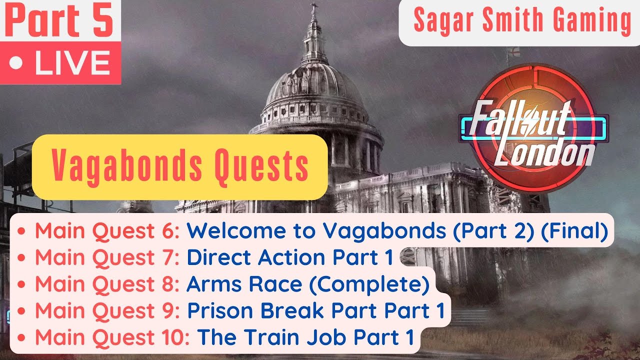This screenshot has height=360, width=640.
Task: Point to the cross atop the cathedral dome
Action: pyautogui.click(x=314, y=9)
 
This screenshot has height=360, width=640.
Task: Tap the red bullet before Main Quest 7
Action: pyautogui.click(x=21, y=258)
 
